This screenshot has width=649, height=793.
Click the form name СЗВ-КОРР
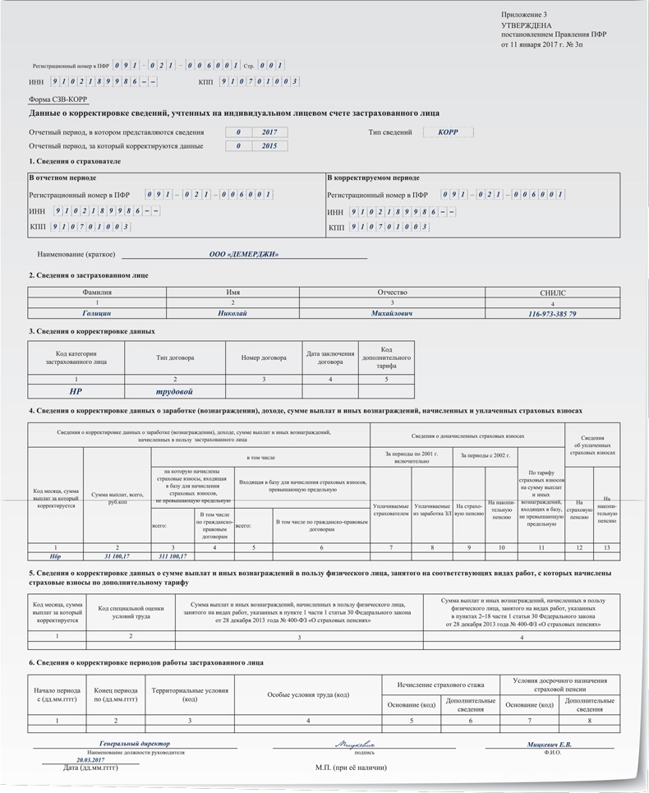click(x=58, y=100)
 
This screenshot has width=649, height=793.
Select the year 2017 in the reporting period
click(x=269, y=131)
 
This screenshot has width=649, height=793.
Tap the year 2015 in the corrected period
click(x=269, y=146)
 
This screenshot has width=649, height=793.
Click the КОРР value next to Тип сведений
click(x=448, y=131)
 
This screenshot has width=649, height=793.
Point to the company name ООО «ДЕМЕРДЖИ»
click(x=244, y=255)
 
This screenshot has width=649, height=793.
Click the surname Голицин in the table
click(x=97, y=314)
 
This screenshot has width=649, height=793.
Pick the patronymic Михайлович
click(x=392, y=314)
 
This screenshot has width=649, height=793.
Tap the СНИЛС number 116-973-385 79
click(x=553, y=314)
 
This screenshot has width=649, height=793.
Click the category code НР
click(x=76, y=392)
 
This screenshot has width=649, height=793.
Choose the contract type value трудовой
click(x=174, y=392)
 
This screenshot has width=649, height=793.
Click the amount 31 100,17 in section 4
click(x=117, y=556)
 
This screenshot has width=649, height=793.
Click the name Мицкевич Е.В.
click(x=550, y=745)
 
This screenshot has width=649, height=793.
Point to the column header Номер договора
click(x=264, y=357)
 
